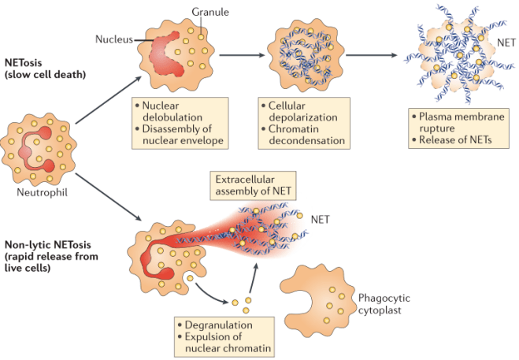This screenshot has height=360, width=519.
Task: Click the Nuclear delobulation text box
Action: coord(179,123)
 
